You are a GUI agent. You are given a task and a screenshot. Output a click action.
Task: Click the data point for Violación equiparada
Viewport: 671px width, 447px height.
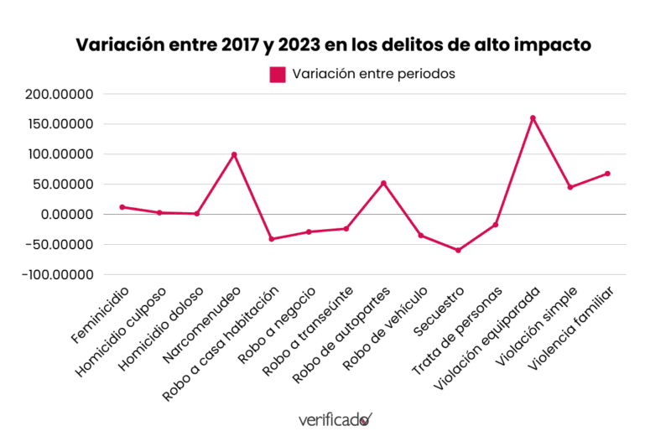(x=533, y=118)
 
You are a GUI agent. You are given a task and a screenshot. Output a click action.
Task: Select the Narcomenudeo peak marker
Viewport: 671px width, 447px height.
(x=234, y=154)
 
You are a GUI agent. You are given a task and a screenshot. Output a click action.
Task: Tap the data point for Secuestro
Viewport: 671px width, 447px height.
(x=458, y=250)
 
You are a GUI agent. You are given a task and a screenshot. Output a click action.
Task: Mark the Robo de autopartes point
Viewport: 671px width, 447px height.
(x=383, y=183)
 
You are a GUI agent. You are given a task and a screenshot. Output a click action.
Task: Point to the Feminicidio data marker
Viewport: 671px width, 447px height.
(x=122, y=207)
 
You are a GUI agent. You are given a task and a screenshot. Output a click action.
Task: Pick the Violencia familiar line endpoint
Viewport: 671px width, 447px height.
(x=607, y=174)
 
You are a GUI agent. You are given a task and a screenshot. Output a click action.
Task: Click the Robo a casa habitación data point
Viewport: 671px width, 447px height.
(x=271, y=239)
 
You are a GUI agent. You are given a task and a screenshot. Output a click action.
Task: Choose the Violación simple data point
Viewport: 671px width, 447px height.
(x=570, y=187)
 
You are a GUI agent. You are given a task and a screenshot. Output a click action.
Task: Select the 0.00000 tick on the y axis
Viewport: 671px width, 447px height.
(x=67, y=215)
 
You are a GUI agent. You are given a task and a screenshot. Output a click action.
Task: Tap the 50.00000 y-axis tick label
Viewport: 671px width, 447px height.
(x=63, y=185)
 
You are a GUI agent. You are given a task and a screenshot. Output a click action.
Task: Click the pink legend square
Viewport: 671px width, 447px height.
(x=278, y=75)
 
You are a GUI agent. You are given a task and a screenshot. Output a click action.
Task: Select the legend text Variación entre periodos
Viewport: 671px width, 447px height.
(x=373, y=74)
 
